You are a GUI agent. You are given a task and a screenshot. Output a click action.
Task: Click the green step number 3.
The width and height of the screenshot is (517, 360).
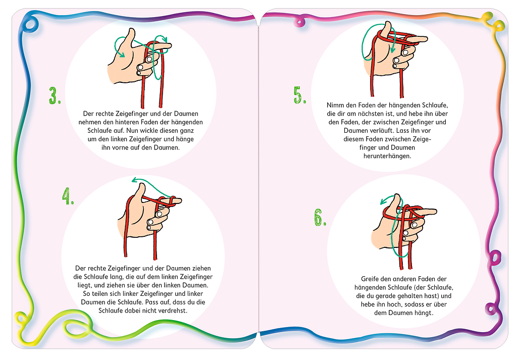pyautogui.click(x=55, y=96)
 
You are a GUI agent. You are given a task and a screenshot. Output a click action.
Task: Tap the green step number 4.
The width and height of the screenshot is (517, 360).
pyautogui.click(x=68, y=196)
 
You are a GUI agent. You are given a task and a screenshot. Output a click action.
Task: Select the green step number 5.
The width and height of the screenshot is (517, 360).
pyautogui.click(x=300, y=95)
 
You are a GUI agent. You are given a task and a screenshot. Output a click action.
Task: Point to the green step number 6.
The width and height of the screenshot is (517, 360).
pyautogui.click(x=320, y=217)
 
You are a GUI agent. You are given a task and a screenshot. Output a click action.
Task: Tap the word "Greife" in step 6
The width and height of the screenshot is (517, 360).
pyautogui.click(x=370, y=279)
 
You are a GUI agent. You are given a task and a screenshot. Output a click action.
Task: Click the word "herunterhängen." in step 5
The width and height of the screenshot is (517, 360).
pyautogui.click(x=387, y=156)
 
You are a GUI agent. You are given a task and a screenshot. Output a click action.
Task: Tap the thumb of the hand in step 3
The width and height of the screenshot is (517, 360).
pyautogui.click(x=130, y=37)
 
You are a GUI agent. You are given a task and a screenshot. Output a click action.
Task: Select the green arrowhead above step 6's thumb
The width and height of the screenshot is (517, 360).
pyautogui.click(x=384, y=201)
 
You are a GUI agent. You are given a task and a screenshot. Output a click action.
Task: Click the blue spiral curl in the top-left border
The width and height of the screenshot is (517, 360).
pyautogui.click(x=30, y=25)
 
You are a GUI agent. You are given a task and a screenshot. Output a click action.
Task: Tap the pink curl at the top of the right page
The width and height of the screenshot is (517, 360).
pyautogui.click(x=300, y=22)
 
